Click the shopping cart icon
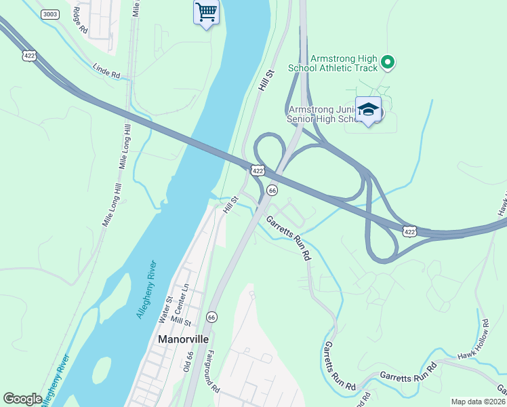tap(206, 12)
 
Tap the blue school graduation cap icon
tap(368, 110)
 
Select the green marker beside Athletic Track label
tap(388, 63)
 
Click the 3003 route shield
tap(49, 14)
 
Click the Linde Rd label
tap(106, 71)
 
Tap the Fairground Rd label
tap(211, 373)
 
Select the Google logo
tap(22, 399)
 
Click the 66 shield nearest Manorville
tap(212, 317)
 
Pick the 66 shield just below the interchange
tap(272, 191)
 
